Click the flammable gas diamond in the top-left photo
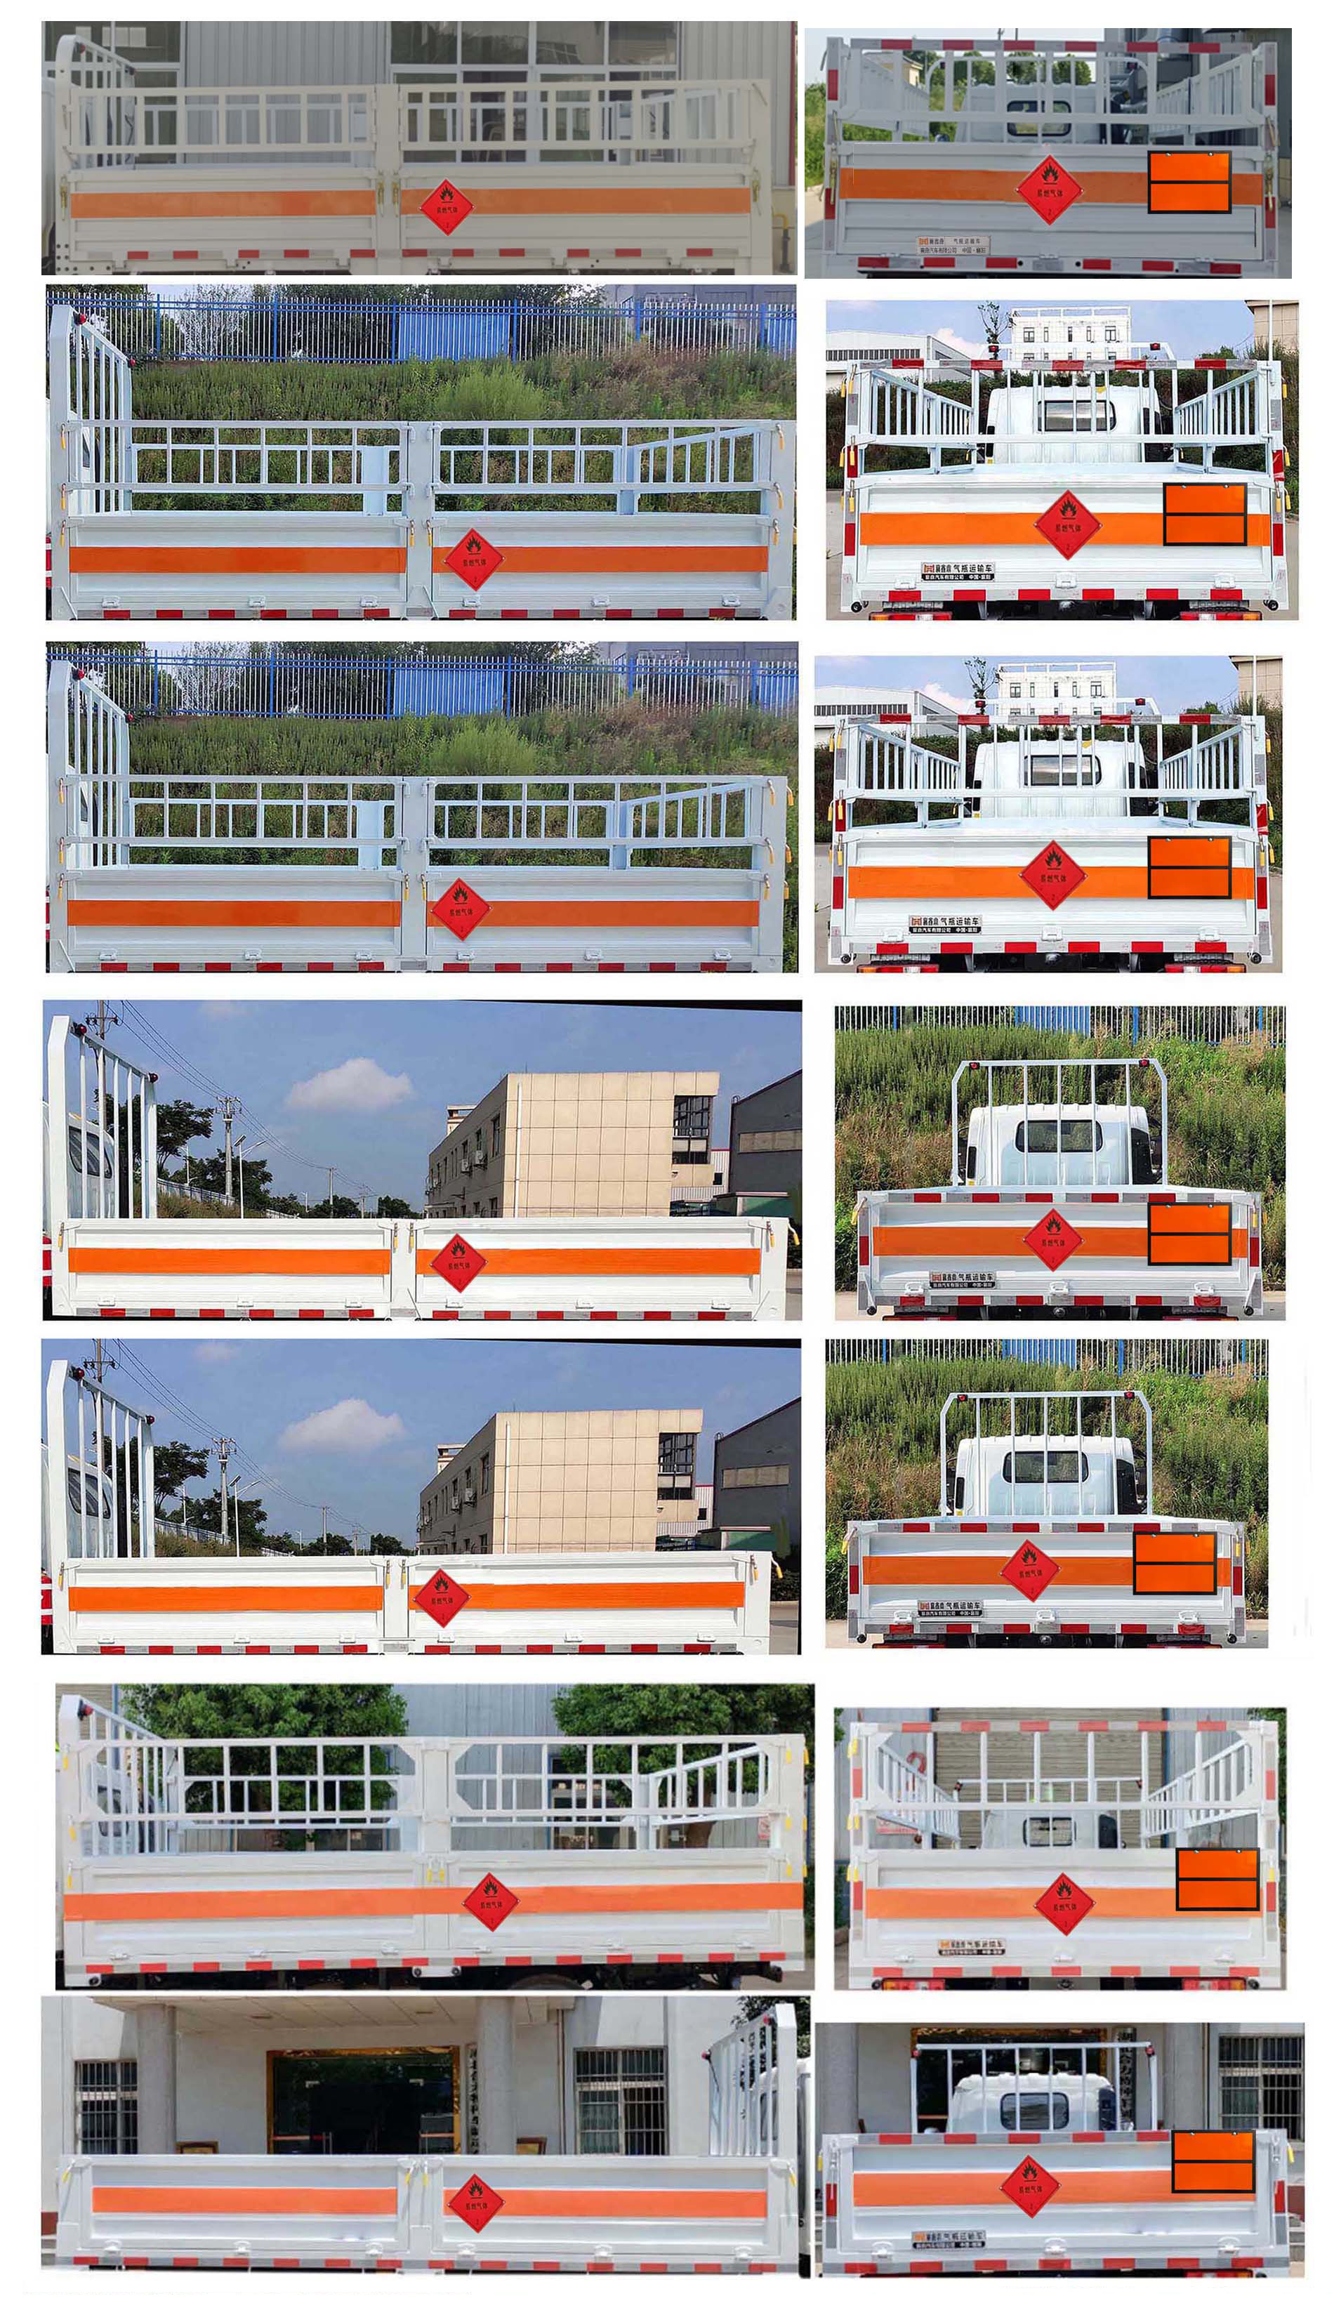coord(447,206)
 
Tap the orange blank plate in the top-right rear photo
coord(1189,183)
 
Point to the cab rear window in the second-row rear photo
coord(1075,414)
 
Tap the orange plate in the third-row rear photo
coord(1189,866)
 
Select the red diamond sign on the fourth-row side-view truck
coord(457,1263)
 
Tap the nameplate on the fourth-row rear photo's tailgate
coord(961,1279)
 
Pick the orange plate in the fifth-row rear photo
coord(1175,1564)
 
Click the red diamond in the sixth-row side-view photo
coord(490,1903)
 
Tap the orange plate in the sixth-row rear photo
coord(1216,1879)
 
